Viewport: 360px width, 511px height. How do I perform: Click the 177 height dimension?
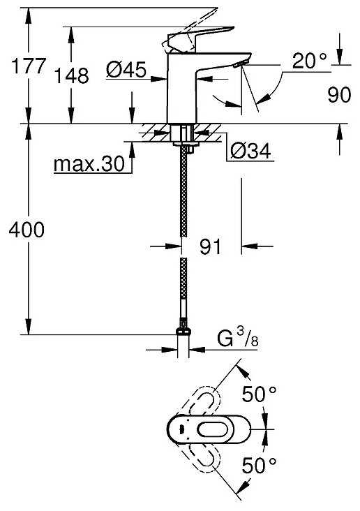pos(28,66)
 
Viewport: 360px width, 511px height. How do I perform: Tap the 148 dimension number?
pos(71,75)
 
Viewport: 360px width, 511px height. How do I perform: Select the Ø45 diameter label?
pos(126,70)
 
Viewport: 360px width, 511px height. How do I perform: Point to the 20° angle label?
pos(309,61)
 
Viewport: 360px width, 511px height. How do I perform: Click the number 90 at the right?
pos(339,95)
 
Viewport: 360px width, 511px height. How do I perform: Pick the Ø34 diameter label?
pos(250,151)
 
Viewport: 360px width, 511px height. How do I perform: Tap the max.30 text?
pos(89,163)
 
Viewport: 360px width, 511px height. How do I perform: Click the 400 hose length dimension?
pos(27,230)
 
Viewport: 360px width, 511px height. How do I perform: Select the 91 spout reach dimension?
pos(210,246)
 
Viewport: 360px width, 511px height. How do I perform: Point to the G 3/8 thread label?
pos(237,338)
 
